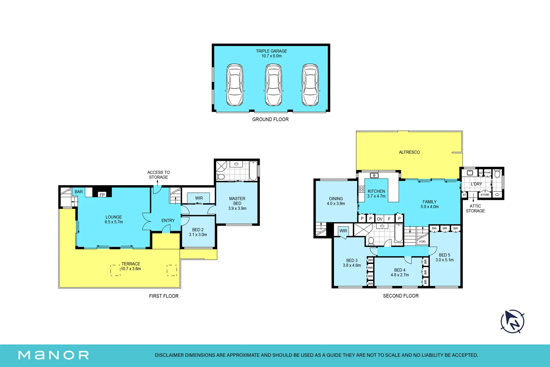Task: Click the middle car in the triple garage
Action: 273,85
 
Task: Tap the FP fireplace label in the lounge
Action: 102,195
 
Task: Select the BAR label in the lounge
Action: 79,192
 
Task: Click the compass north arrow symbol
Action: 512,321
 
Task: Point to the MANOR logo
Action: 53,355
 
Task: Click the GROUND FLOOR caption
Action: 270,120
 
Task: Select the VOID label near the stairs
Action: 422,242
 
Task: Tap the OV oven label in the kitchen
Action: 380,219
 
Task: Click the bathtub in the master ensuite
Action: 253,171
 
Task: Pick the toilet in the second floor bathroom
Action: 371,241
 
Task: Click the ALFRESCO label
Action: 409,152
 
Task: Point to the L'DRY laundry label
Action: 476,184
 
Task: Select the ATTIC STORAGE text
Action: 476,209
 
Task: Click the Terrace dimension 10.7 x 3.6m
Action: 131,269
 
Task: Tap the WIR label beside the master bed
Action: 199,198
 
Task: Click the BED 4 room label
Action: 400,270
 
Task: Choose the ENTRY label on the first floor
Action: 168,221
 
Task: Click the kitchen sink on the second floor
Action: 374,175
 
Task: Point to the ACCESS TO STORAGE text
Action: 159,175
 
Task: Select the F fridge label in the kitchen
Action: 389,219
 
